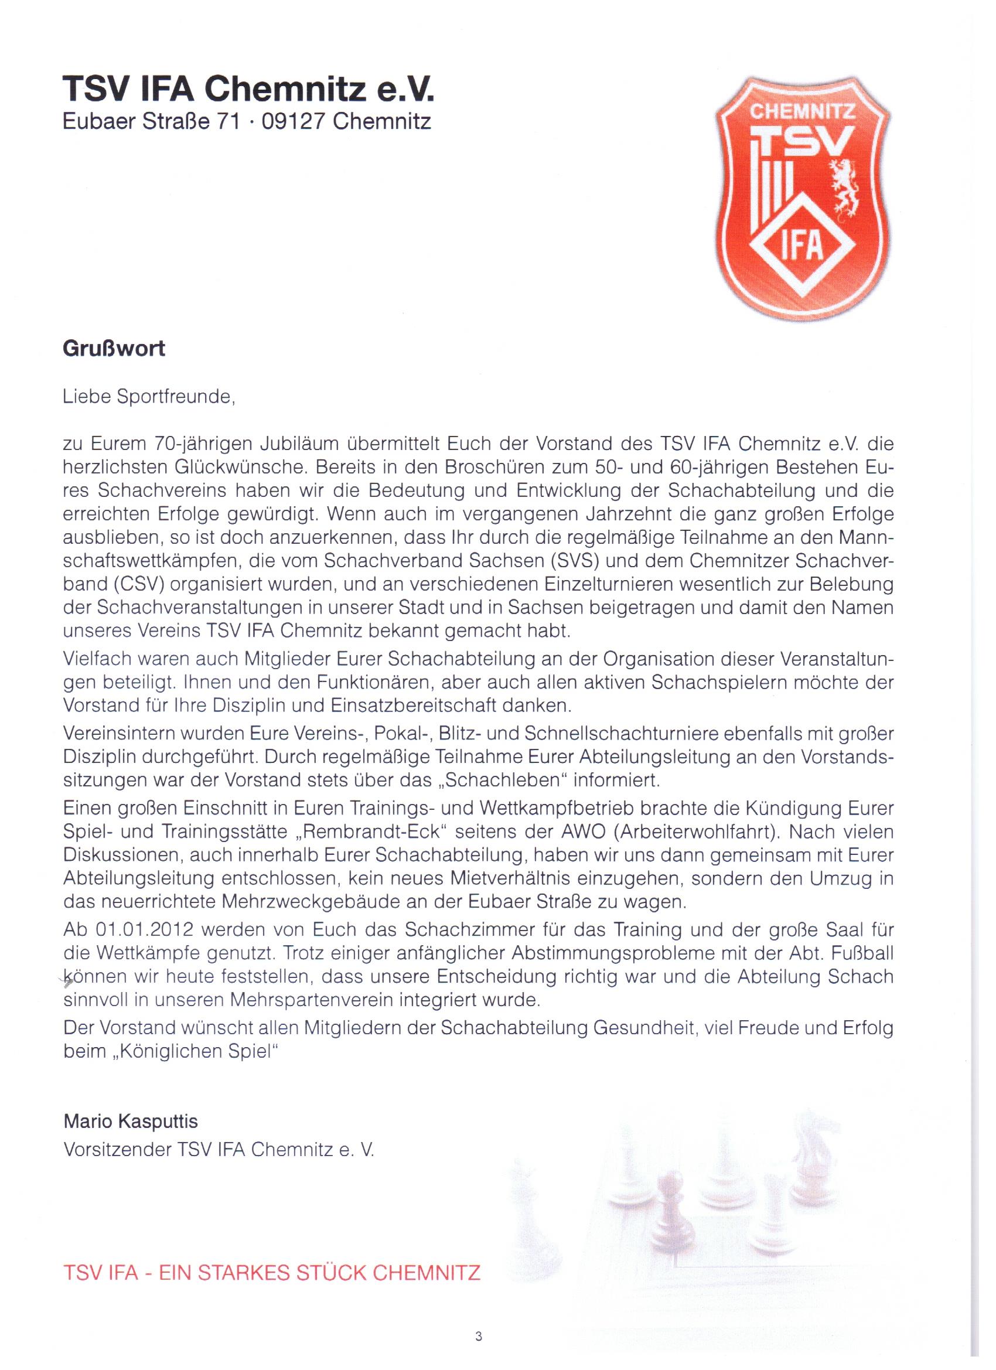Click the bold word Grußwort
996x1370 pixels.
tap(114, 349)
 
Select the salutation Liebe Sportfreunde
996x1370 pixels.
tap(149, 397)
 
